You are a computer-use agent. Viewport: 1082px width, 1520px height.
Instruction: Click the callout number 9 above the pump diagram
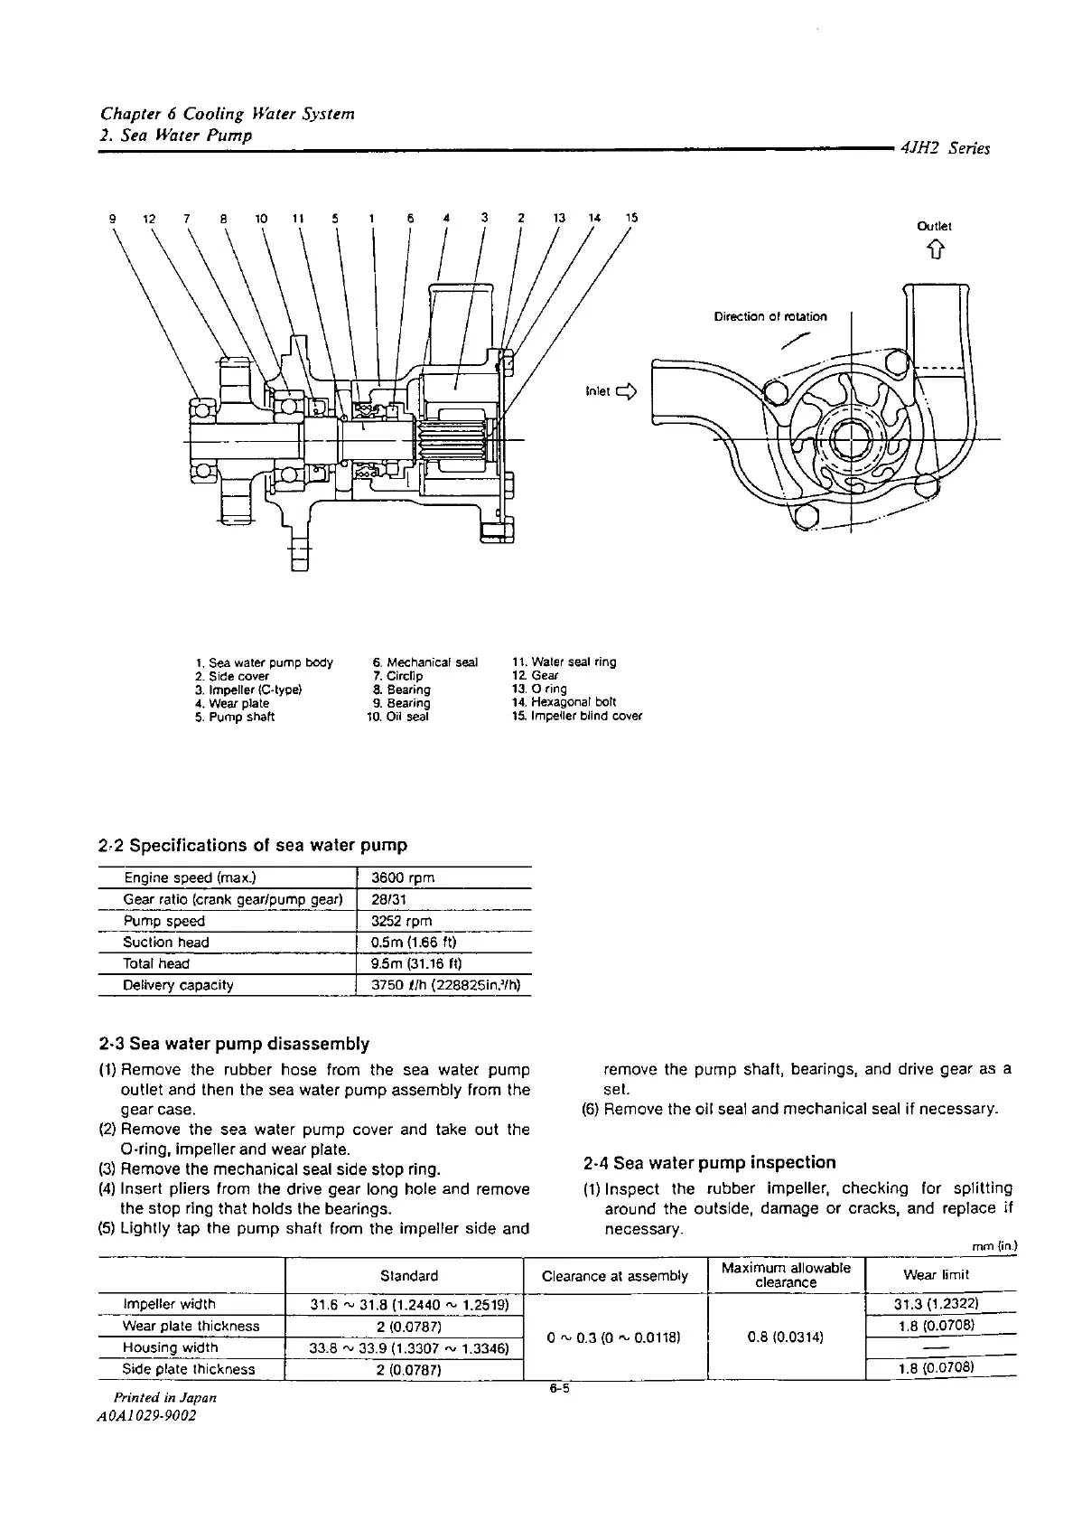112,218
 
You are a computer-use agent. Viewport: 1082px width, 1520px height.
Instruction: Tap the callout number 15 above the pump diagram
631,218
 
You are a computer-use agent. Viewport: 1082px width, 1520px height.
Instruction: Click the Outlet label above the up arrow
934,227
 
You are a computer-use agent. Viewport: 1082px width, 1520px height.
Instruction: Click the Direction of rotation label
770,316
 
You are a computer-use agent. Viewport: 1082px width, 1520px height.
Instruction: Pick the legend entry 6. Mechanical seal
424,662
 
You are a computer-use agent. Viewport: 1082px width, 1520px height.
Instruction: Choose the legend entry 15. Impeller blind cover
576,717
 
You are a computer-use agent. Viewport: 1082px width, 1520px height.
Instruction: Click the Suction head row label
166,943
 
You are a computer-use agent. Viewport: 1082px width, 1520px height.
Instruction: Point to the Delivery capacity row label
178,985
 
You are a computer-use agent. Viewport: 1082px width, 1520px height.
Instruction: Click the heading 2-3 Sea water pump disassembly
234,1045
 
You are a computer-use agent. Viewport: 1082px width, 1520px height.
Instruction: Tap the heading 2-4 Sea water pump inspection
710,1163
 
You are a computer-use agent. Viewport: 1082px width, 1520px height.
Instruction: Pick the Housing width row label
170,1347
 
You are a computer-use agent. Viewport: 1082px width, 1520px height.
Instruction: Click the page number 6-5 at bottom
560,1390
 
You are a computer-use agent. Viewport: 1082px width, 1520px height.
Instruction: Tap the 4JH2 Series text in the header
945,149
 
